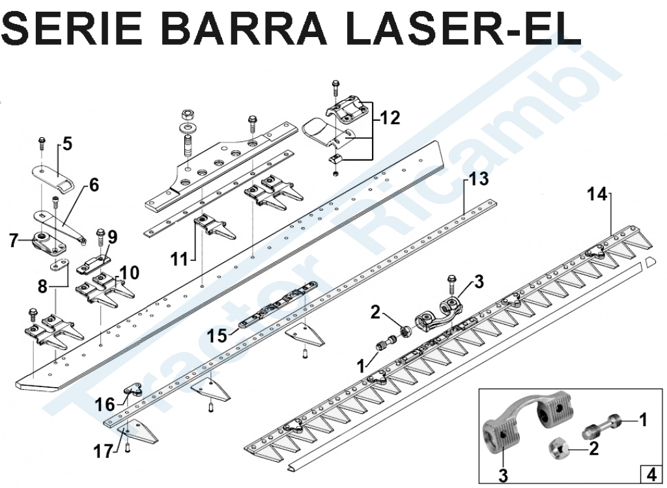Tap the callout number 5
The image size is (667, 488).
(67, 144)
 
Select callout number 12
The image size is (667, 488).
(390, 118)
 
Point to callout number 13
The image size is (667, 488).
(479, 179)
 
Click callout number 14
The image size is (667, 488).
(597, 195)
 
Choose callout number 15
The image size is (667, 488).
(218, 336)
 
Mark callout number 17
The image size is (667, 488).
(104, 452)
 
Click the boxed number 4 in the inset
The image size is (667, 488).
(651, 473)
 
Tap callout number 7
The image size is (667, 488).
(14, 241)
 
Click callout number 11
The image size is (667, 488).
(179, 259)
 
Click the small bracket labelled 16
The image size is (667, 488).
(134, 390)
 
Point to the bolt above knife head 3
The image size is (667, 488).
(451, 285)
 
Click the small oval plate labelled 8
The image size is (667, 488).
(59, 265)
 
